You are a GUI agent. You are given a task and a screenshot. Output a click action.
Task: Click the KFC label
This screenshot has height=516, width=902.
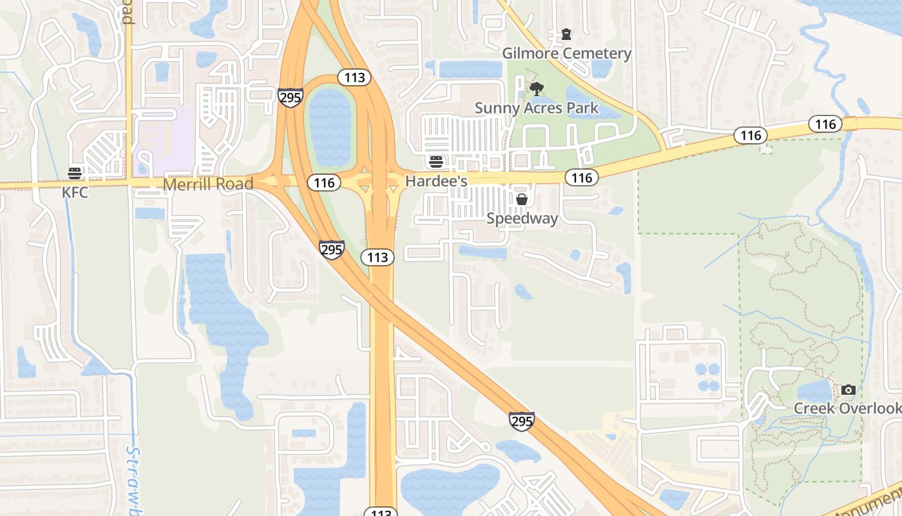[x=75, y=192]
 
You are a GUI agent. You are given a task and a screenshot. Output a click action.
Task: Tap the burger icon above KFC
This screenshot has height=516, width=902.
[x=75, y=173]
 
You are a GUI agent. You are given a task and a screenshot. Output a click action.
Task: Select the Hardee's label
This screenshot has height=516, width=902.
[x=436, y=182]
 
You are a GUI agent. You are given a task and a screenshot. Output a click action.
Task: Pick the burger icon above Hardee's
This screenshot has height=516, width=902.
[x=436, y=161]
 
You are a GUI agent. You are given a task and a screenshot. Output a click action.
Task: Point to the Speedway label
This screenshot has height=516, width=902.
[x=522, y=219]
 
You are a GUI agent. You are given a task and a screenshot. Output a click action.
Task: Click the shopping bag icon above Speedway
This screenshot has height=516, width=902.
[x=522, y=199]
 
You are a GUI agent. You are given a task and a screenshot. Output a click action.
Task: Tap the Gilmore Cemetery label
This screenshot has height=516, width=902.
[x=566, y=53]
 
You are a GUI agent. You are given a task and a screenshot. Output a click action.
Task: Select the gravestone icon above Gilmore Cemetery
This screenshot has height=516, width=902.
[x=566, y=34]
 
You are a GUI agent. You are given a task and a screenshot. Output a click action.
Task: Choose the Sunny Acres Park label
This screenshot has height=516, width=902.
[x=537, y=108]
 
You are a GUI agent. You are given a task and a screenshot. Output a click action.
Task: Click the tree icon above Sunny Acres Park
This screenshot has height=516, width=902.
[x=536, y=89]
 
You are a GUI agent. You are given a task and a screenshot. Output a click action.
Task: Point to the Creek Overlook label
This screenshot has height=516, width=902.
[x=847, y=408]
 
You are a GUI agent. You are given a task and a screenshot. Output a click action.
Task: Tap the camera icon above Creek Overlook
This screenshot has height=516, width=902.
[x=848, y=390]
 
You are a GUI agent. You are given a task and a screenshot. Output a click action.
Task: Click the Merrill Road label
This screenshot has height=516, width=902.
[x=207, y=184]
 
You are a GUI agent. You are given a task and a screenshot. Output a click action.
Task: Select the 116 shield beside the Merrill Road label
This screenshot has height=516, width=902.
[x=323, y=183]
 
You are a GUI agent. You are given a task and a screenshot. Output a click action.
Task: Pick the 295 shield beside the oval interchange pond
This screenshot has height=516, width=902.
[x=291, y=98]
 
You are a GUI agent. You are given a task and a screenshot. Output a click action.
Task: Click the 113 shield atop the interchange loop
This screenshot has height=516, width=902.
[x=354, y=78]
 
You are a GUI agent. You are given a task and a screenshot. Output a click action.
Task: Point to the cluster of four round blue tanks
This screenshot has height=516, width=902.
[x=709, y=377]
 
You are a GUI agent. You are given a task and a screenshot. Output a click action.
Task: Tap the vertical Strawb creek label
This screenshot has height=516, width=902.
[x=133, y=481]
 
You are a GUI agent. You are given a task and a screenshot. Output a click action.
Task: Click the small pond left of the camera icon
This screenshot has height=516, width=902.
[x=815, y=390]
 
